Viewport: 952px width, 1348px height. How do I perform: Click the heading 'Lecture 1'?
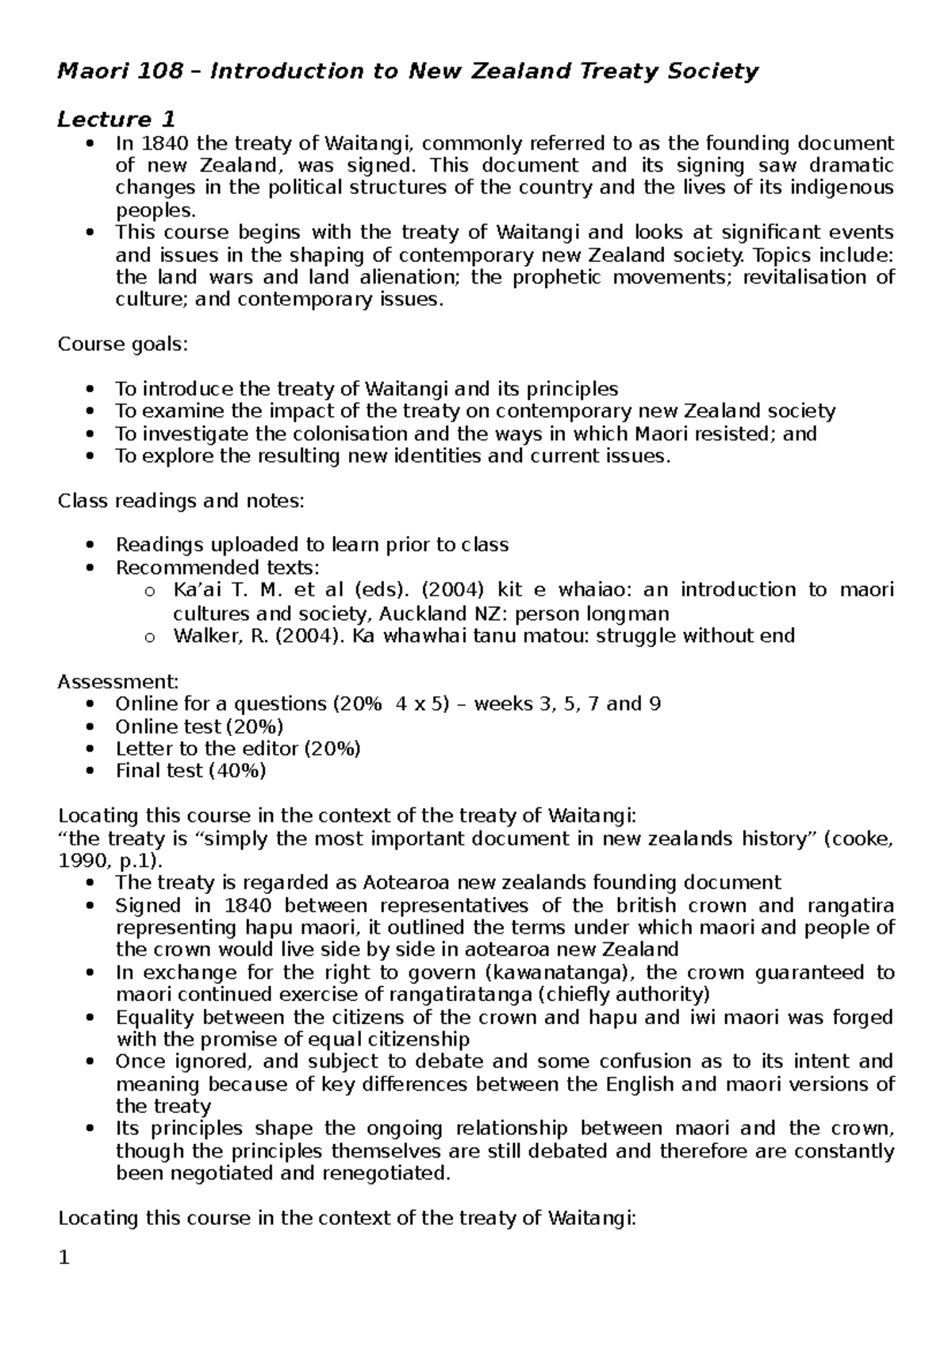[x=116, y=119]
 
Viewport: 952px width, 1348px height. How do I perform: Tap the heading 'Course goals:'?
[x=125, y=345]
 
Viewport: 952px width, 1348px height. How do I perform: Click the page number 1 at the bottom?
[x=65, y=1259]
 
